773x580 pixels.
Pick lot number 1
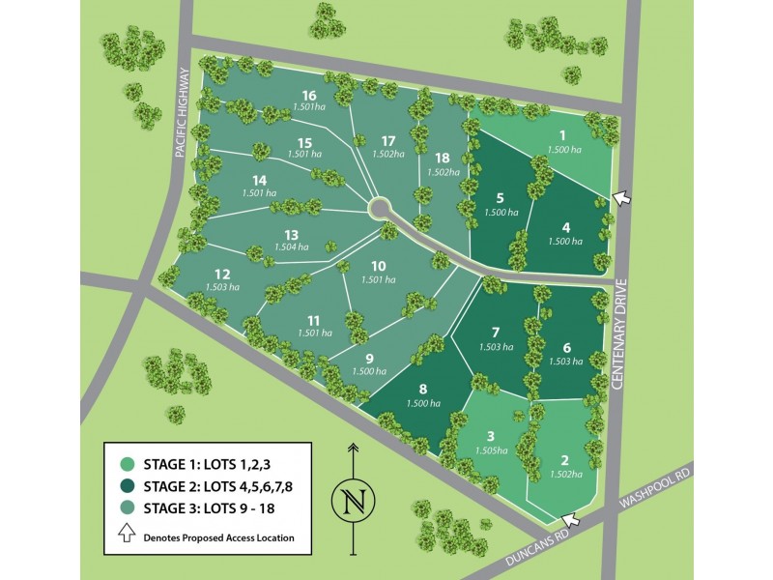(x=561, y=136)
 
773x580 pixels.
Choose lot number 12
(x=221, y=275)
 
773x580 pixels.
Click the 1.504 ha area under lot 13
(x=290, y=246)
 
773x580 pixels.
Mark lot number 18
(x=443, y=158)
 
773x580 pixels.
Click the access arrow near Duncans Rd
(x=570, y=520)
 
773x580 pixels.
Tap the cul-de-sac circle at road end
(x=379, y=208)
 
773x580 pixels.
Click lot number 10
(x=378, y=266)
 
